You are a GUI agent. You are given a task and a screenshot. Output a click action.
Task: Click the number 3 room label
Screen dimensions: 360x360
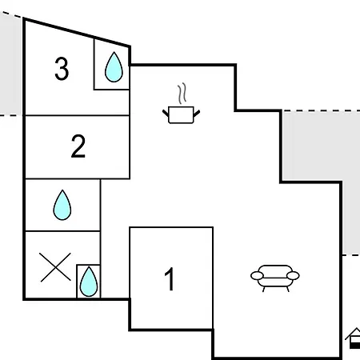point(62,69)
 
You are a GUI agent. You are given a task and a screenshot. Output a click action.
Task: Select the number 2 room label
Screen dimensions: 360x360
point(78,146)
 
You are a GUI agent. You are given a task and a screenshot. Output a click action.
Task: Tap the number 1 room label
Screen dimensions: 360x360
point(170,279)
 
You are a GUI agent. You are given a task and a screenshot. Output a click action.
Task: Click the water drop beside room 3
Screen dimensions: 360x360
point(114,66)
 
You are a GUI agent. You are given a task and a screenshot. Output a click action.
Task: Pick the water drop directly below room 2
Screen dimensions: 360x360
point(62,205)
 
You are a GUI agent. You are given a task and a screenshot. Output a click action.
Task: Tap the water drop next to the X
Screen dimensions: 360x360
point(89,282)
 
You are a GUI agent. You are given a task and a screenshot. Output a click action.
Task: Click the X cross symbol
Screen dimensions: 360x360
point(55,267)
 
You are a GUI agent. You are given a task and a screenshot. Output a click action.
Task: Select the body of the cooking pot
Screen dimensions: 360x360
point(181,115)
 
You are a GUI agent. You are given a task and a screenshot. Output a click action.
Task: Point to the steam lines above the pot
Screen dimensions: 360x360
point(182,94)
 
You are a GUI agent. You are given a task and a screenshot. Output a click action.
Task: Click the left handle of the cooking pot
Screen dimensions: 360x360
point(166,114)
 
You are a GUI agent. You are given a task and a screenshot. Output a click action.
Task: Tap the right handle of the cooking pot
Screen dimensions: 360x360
point(197,114)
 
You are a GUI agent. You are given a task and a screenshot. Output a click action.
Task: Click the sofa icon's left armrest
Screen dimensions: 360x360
point(257,276)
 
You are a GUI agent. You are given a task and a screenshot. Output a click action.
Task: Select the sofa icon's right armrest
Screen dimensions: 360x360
point(293,276)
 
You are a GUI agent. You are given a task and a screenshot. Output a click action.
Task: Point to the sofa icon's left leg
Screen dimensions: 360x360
point(264,289)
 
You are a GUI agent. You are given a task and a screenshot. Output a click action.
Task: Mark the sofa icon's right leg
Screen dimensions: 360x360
point(287,289)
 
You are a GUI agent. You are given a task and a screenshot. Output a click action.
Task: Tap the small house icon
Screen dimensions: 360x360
point(354,338)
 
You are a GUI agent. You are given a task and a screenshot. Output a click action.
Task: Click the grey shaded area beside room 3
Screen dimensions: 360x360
point(10,64)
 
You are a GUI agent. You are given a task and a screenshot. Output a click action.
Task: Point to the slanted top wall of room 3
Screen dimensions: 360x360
point(77,33)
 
